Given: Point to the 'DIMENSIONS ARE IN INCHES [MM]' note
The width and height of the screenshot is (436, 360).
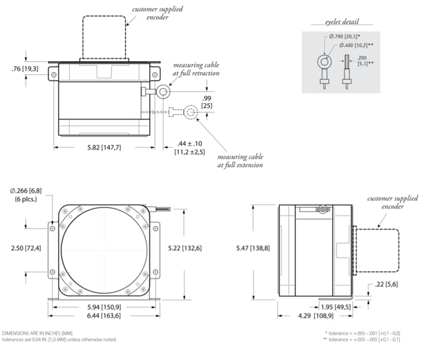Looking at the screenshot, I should tap(37, 333).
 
